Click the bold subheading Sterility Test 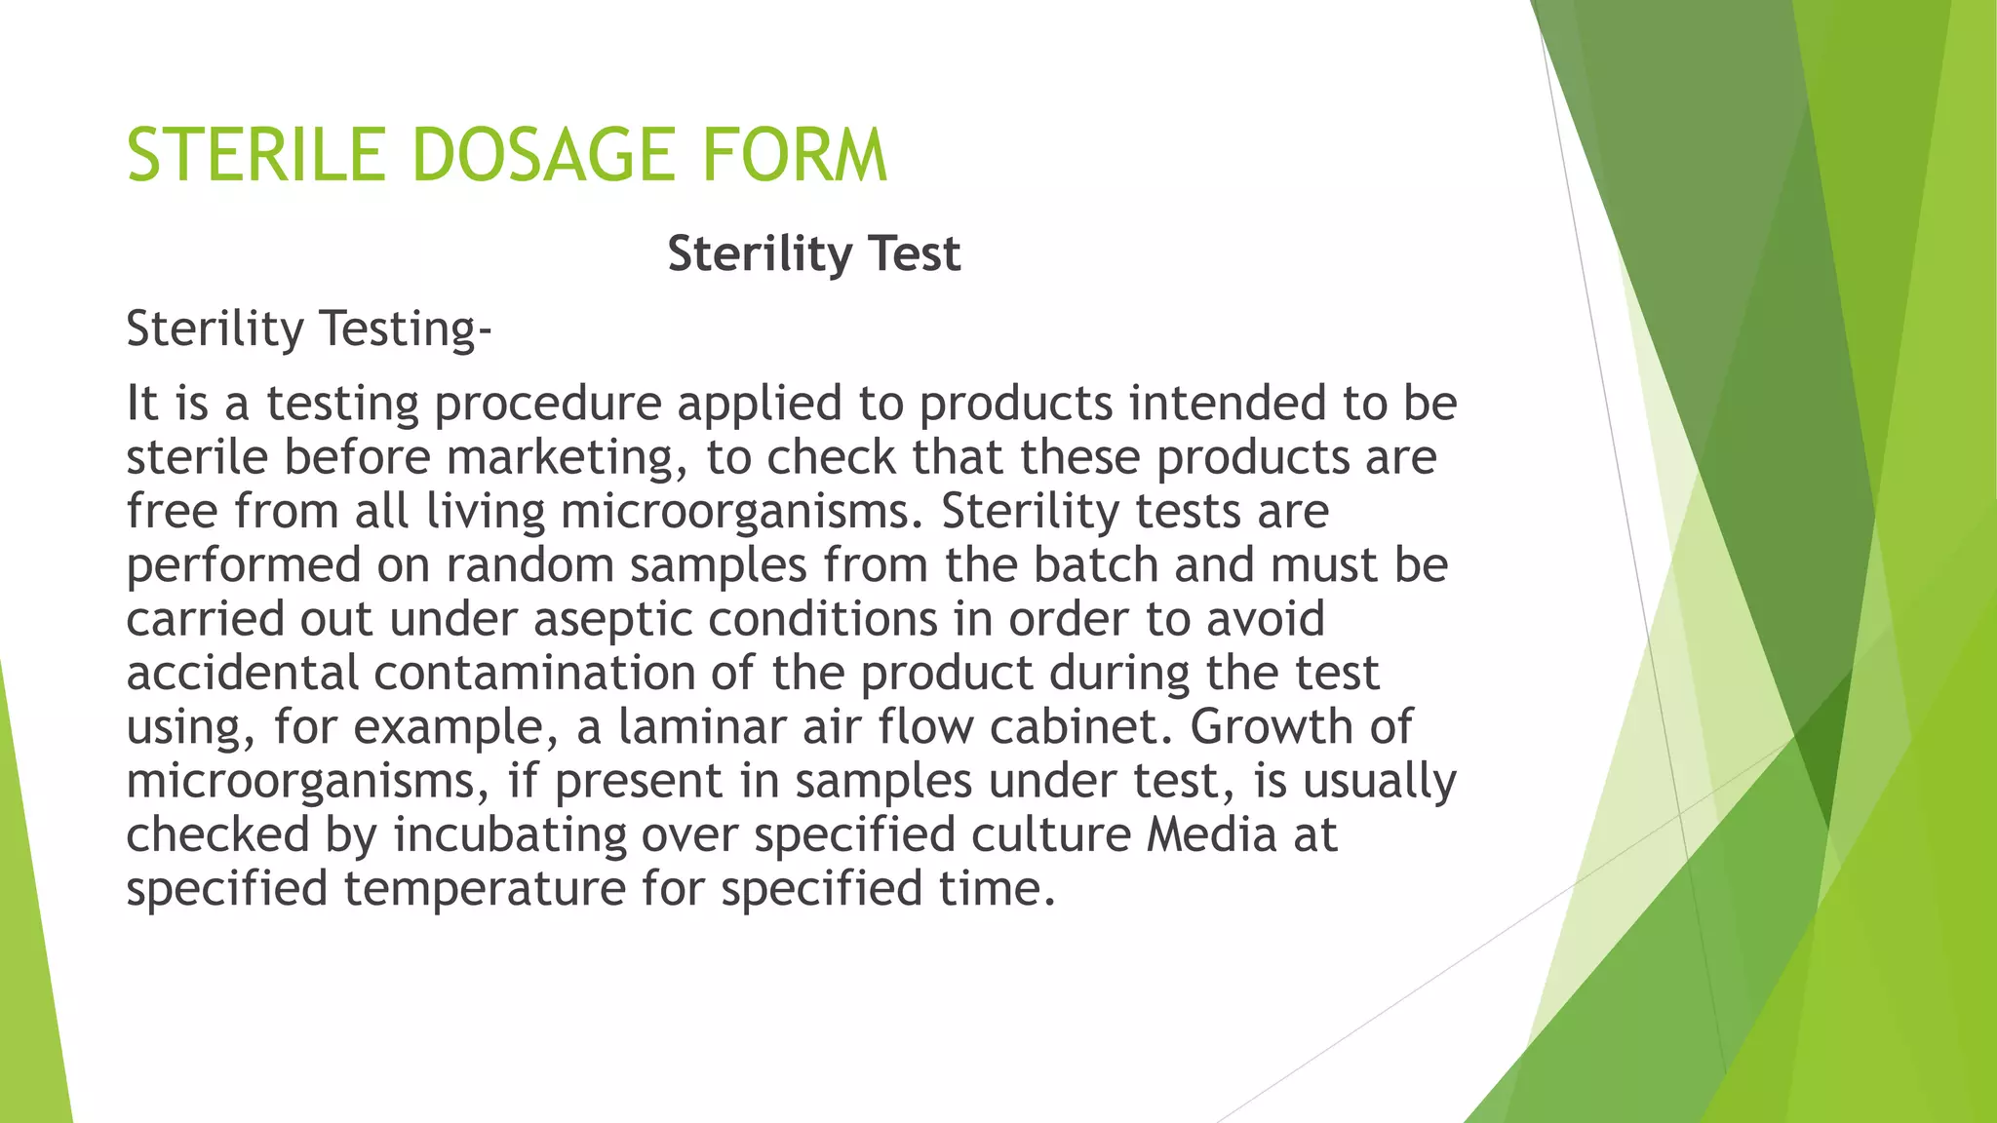(814, 254)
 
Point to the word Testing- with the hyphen (406, 329)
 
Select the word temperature (484, 889)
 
